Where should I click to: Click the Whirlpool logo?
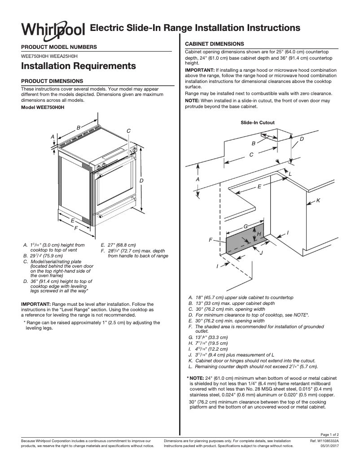(x=53, y=29)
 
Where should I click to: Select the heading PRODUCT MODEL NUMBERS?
(x=59, y=47)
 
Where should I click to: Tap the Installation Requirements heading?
(x=79, y=66)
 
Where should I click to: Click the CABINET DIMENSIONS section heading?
(x=215, y=44)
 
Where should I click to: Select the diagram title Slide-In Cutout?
(x=257, y=122)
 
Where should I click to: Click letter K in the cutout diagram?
(x=318, y=200)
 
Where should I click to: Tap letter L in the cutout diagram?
(x=290, y=174)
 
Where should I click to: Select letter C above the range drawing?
(x=128, y=131)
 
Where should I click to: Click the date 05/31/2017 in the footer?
(x=329, y=446)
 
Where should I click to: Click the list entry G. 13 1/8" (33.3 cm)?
(x=209, y=337)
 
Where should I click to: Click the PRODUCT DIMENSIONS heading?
(x=52, y=81)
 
